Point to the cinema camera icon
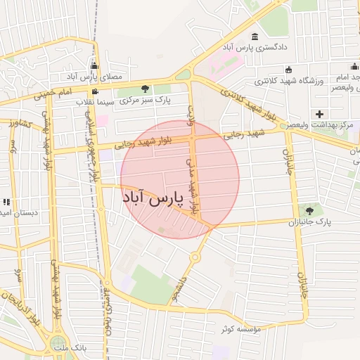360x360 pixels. point(95,92)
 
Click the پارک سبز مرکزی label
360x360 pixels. point(146,100)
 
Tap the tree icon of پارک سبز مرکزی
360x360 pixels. point(146,89)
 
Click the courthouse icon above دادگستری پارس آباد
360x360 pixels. point(254,37)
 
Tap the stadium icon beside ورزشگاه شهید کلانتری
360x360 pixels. point(290,70)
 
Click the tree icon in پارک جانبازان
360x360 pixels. point(309,211)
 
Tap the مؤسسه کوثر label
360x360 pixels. point(240,328)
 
